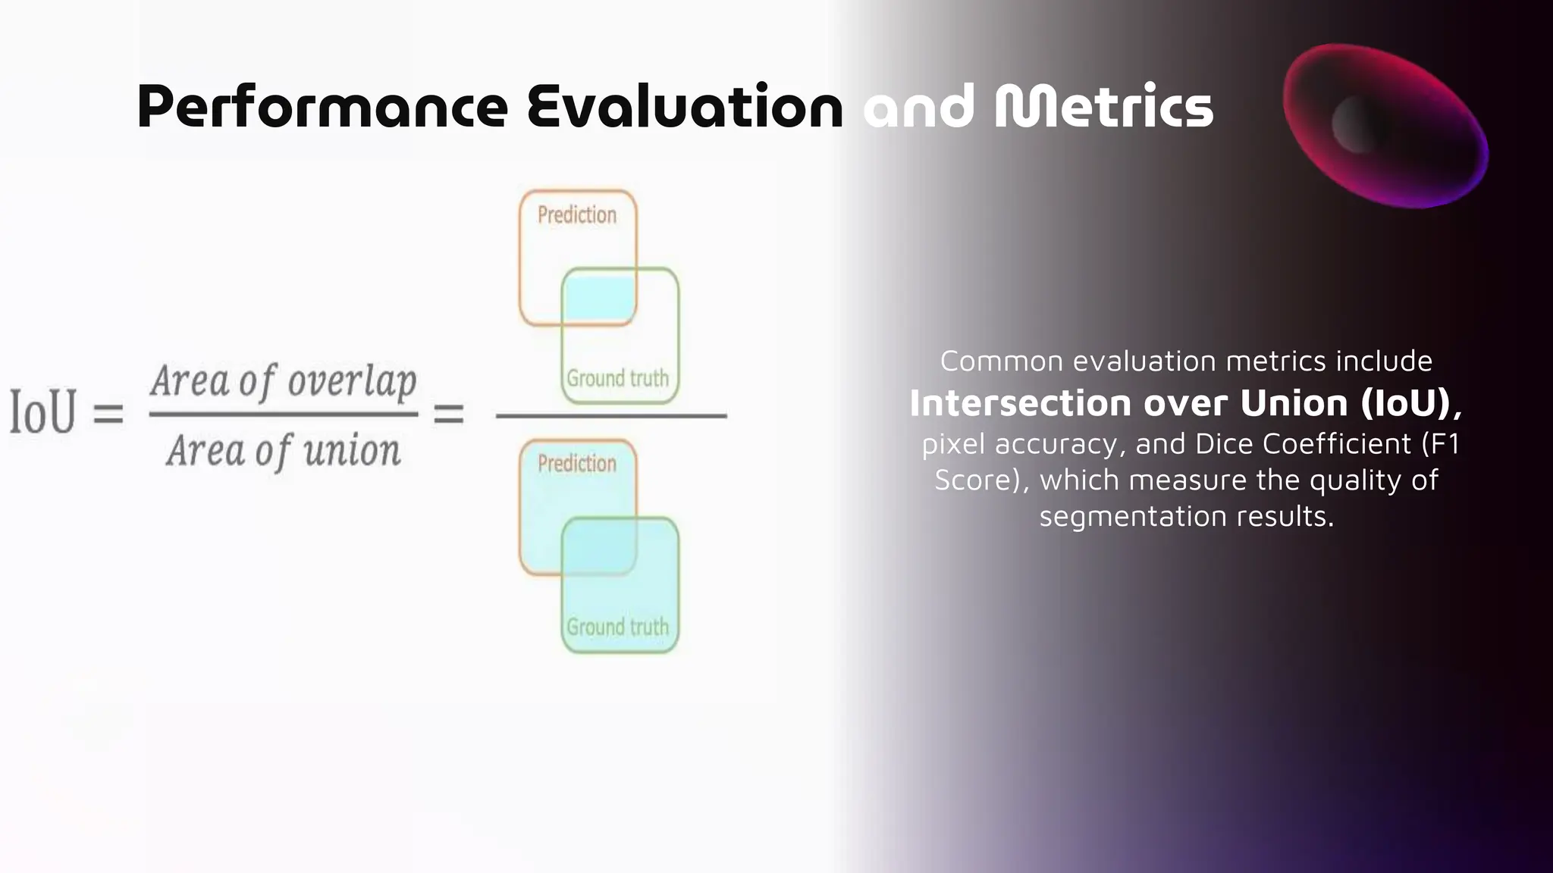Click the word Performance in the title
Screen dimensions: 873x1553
[x=322, y=107]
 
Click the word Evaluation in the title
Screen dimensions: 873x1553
[x=685, y=107]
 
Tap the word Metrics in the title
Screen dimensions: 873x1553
[x=1103, y=107]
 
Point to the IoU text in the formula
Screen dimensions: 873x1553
[x=43, y=412]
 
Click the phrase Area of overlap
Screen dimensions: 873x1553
[x=284, y=380]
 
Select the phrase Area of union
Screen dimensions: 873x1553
[x=284, y=451]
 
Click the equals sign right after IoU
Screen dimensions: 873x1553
[x=108, y=414]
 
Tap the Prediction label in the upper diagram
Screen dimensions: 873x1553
[x=577, y=215]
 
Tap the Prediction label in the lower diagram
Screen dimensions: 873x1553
[x=577, y=464]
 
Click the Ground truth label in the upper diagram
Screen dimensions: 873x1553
[x=618, y=378]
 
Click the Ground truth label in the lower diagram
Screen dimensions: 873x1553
[x=618, y=627]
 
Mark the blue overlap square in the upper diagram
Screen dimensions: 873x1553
[x=598, y=298]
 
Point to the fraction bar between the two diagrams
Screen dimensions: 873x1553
[x=611, y=415]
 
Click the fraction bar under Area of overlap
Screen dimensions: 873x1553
[x=284, y=415]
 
